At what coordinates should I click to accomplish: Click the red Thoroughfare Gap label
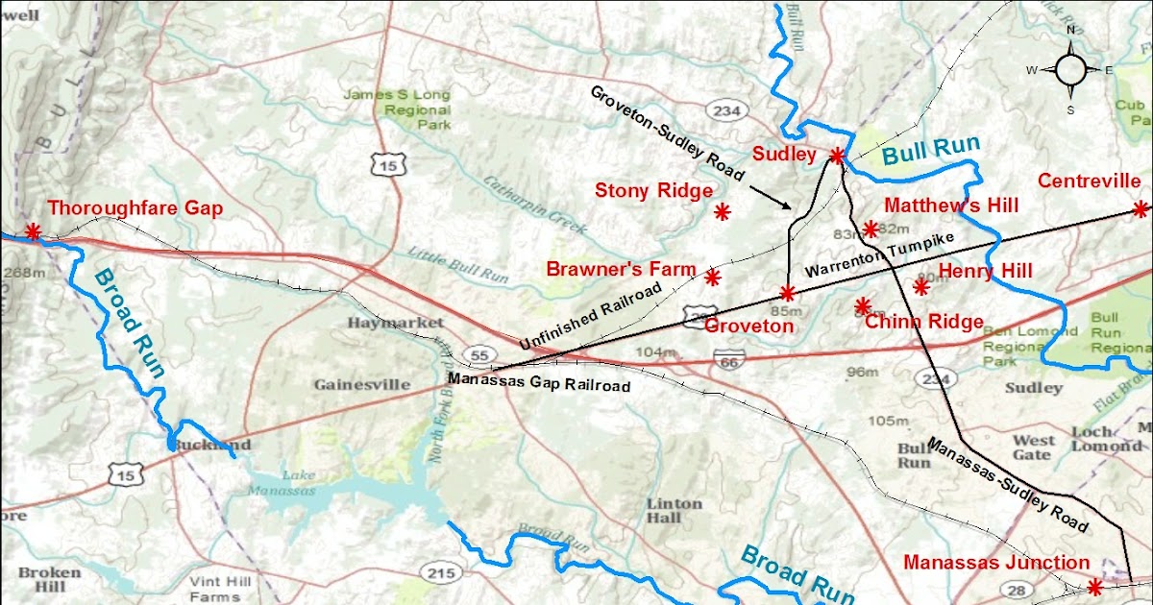pos(135,207)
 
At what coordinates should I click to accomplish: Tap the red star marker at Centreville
pos(1141,208)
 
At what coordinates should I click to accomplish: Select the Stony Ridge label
pos(653,190)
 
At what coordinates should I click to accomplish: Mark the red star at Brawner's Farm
pos(712,278)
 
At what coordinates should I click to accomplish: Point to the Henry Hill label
pos(985,272)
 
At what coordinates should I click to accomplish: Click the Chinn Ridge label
pos(923,322)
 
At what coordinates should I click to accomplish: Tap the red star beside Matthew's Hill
pos(871,229)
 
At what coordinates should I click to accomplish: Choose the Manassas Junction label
pos(996,563)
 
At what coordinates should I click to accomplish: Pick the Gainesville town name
pos(362,384)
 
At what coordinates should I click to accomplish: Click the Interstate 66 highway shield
pos(728,361)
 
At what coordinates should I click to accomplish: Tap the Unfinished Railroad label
pos(590,316)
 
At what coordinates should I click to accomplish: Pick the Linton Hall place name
pos(674,510)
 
